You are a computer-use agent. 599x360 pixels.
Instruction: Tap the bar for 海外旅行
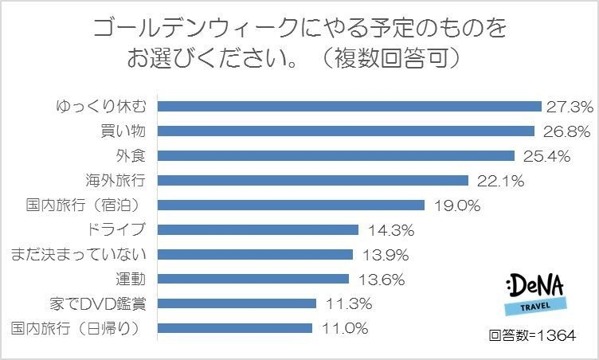click(x=314, y=180)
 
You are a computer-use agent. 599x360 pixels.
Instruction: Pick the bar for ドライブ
click(x=259, y=229)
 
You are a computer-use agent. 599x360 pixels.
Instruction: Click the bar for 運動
click(x=254, y=279)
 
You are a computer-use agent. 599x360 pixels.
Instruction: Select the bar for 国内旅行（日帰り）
click(x=236, y=327)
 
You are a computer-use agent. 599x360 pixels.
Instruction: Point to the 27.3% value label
click(x=568, y=107)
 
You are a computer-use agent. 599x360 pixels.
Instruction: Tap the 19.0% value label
click(x=457, y=205)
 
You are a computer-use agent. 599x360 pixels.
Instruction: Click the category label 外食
click(x=132, y=155)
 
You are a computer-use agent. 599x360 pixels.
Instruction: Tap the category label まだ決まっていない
click(x=78, y=254)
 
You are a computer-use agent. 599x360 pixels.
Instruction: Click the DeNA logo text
click(x=536, y=284)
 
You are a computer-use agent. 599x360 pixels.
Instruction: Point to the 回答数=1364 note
click(x=531, y=335)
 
